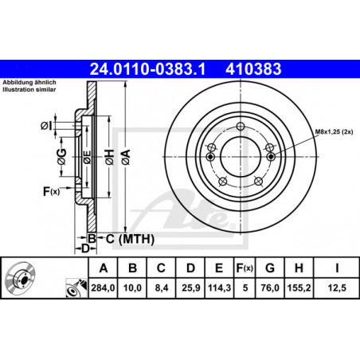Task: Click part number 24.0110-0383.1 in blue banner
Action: pos(147,69)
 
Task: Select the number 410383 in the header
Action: pos(253,69)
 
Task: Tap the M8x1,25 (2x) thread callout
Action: pos(334,131)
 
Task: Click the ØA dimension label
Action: pos(126,157)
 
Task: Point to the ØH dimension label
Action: pos(109,157)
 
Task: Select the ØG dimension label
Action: pos(62,157)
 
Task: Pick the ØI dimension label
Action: pos(46,126)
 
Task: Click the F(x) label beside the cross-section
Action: pos(52,191)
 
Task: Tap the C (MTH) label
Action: pos(130,239)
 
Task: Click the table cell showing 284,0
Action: pos(103,288)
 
